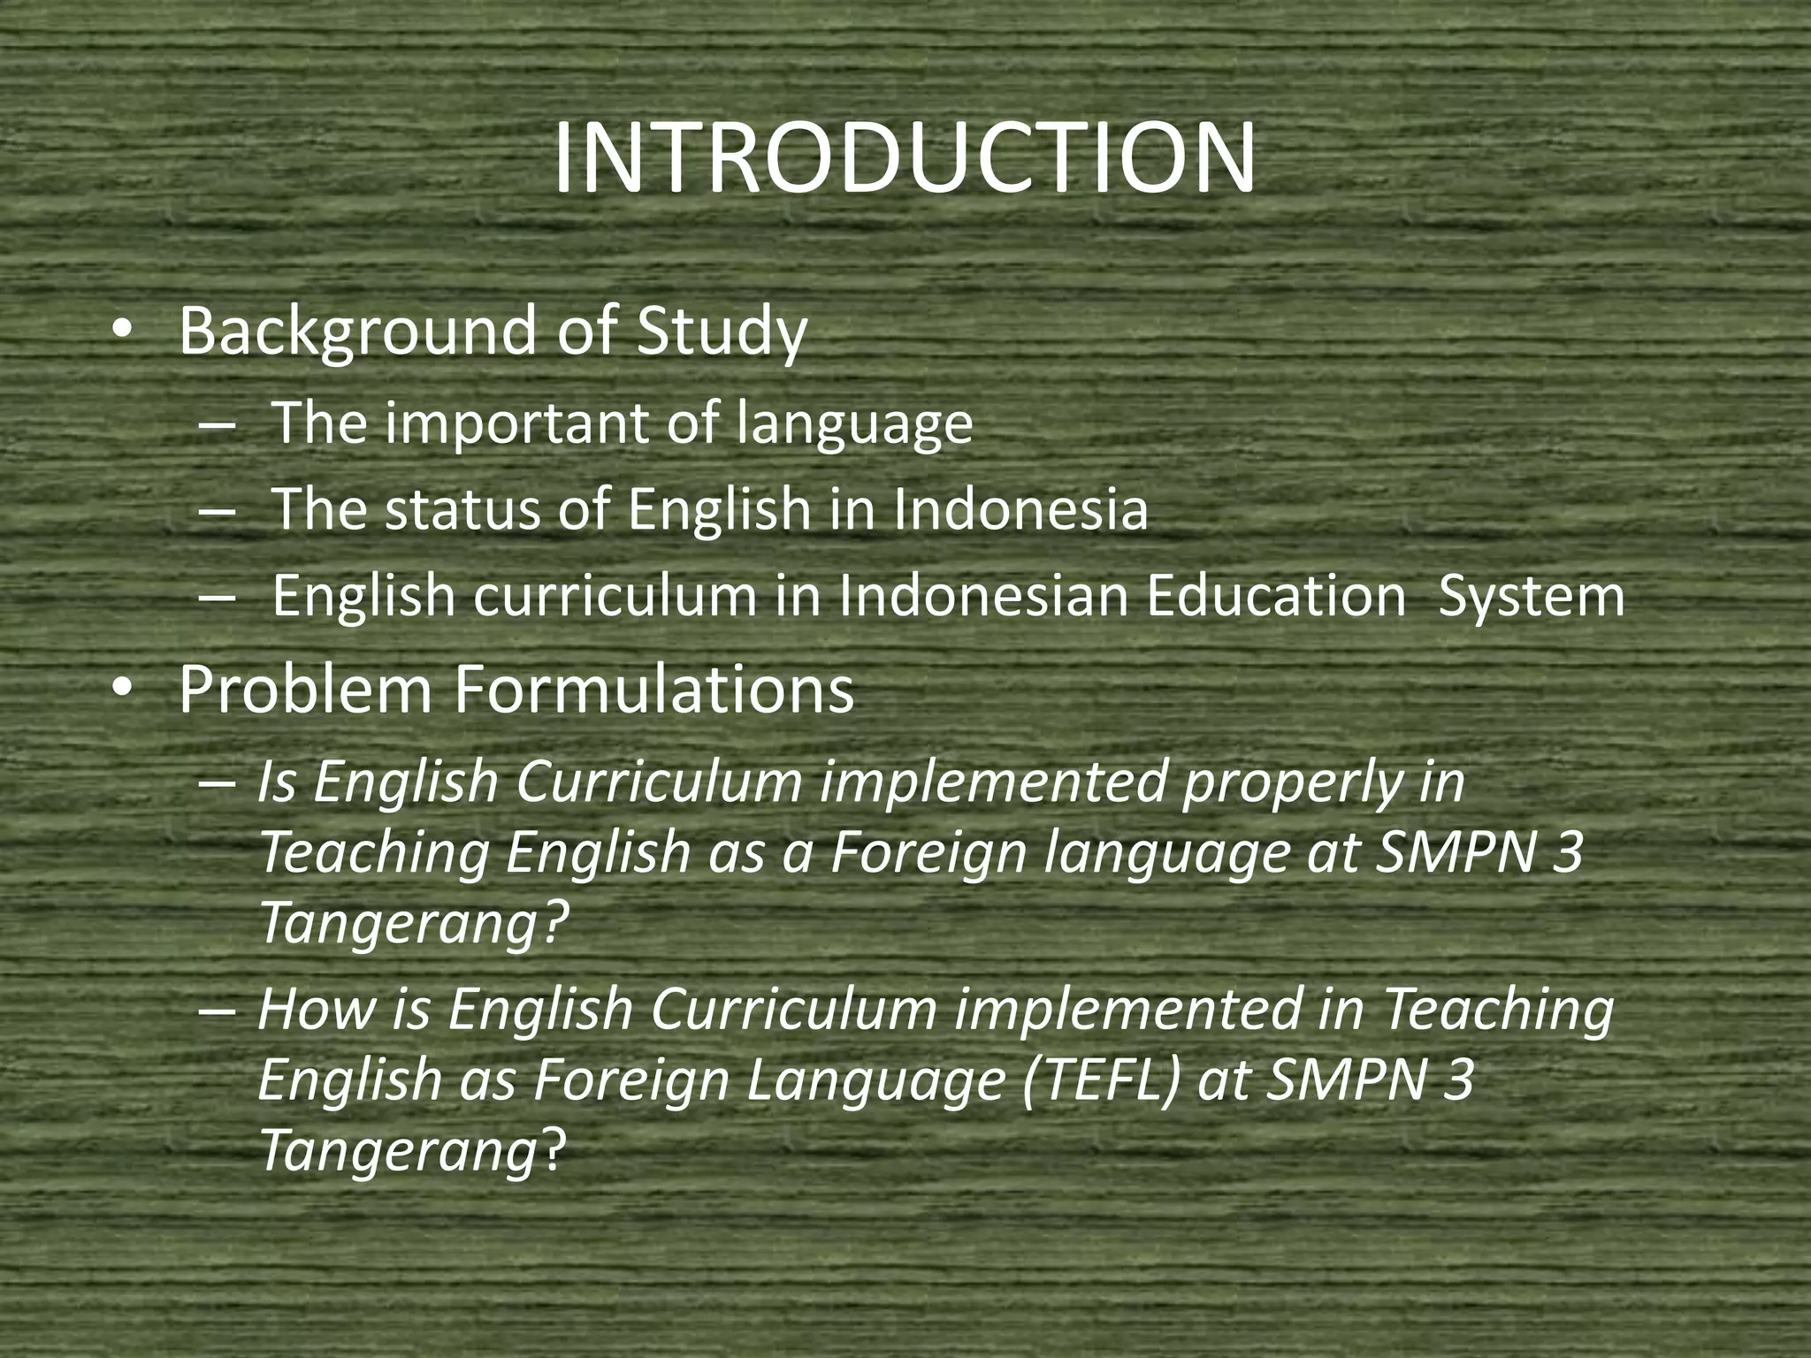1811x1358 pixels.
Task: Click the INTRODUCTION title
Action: coord(904,159)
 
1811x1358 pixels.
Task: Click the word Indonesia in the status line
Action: coord(1020,510)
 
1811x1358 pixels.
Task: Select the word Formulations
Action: coord(653,690)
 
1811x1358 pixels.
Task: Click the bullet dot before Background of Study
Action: coord(122,331)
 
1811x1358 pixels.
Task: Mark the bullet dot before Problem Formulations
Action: coord(122,690)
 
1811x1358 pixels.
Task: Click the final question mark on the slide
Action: coord(551,1151)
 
